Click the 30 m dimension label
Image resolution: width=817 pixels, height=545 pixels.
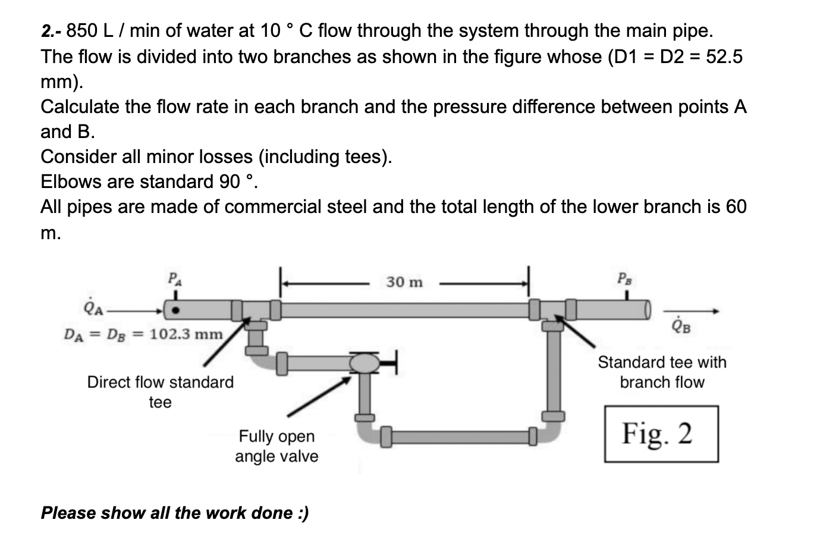tap(404, 281)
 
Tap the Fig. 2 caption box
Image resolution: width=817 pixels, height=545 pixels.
tap(661, 434)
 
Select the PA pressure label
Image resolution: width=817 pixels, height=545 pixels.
tap(174, 278)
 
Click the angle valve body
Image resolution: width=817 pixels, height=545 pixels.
tap(364, 362)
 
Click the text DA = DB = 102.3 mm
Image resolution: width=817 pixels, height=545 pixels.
tap(143, 334)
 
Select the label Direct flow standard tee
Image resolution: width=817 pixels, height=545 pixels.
tap(160, 391)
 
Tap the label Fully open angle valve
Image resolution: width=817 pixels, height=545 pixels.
tap(276, 446)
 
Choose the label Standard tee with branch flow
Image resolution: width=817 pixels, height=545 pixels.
tap(662, 372)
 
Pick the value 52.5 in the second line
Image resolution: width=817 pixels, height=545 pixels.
tap(723, 57)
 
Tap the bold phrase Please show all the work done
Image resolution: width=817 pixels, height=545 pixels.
tap(174, 512)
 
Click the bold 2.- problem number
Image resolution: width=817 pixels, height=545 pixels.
tap(51, 31)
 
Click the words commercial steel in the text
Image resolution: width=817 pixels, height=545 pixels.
tap(297, 206)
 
